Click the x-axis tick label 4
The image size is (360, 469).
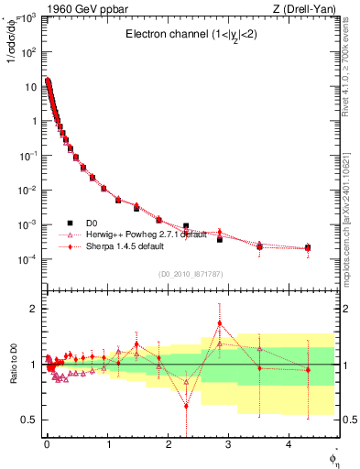(x=290, y=444)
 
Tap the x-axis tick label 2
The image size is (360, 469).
(x=169, y=444)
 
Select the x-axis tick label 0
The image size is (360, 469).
(x=47, y=444)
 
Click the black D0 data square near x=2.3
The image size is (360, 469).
(x=186, y=225)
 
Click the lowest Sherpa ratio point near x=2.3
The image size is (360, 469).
(x=186, y=405)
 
